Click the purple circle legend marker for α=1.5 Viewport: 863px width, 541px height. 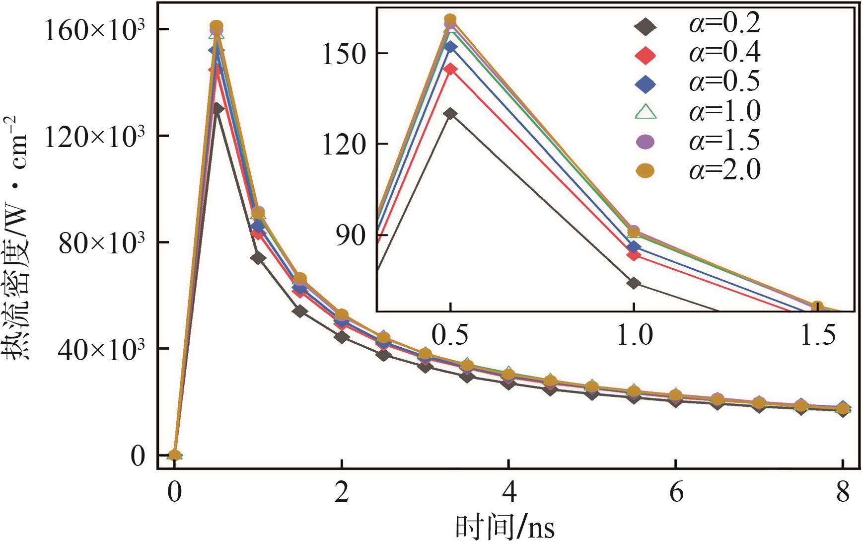[645, 142]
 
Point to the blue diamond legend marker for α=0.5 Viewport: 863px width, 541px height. [645, 83]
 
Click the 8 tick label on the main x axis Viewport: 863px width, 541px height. [843, 494]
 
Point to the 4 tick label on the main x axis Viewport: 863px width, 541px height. [508, 494]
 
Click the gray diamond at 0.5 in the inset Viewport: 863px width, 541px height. [450, 114]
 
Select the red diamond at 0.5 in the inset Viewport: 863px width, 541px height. [450, 69]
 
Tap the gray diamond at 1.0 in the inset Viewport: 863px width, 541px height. [634, 283]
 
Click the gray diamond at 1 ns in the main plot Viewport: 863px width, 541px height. [258, 258]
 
